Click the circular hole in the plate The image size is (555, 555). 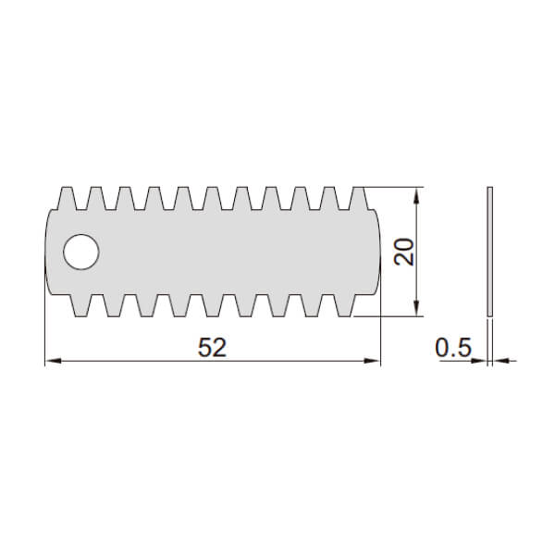(81, 252)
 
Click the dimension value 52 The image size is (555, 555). (212, 347)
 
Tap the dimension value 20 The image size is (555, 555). (404, 252)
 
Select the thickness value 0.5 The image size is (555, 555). (453, 347)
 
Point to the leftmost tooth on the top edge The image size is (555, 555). (68, 198)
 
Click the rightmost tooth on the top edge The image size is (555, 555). (359, 198)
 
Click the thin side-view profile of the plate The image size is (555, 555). (490, 252)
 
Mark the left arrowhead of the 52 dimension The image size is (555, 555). (53, 361)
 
